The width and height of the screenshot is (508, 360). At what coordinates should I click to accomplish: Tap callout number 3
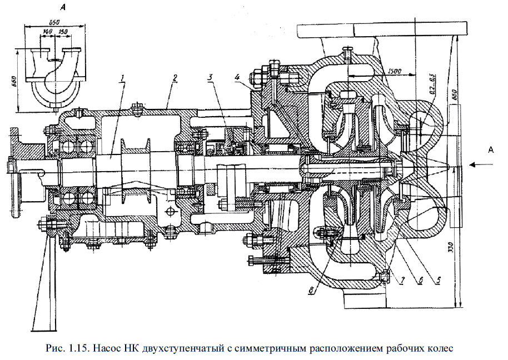coord(210,78)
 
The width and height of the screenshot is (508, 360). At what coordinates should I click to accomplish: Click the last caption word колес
coord(442,349)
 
